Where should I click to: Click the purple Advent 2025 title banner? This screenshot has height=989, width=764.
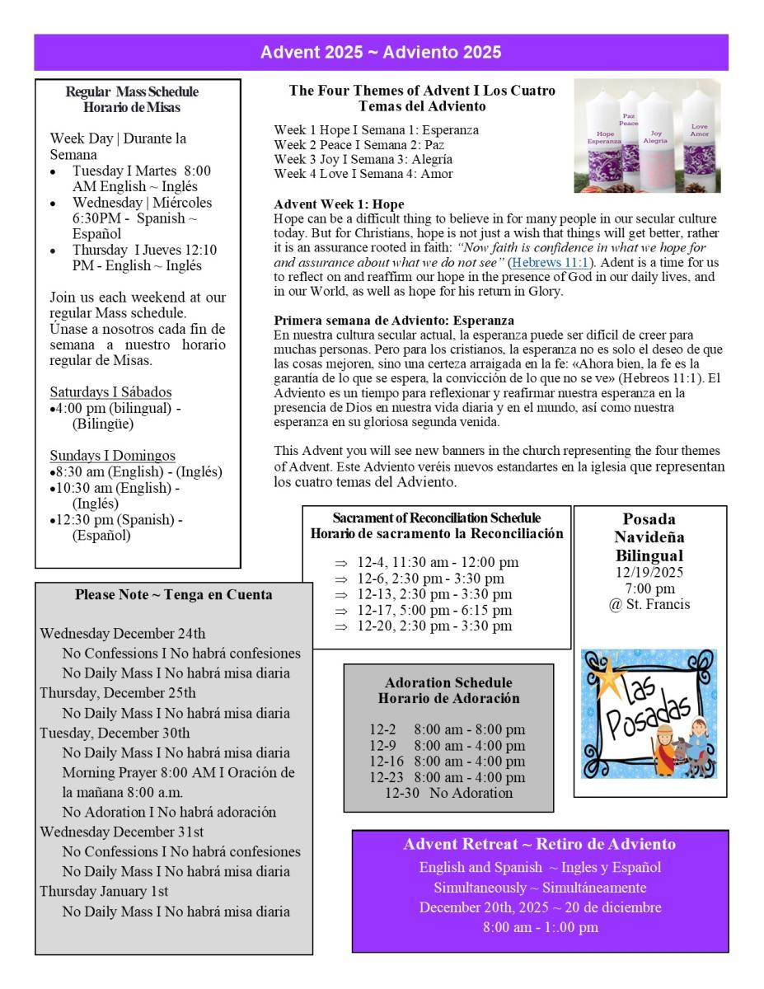(381, 53)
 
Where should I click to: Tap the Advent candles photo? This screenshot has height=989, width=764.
(647, 136)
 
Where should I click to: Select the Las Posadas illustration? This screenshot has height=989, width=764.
(649, 714)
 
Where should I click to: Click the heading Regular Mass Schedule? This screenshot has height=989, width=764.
(132, 91)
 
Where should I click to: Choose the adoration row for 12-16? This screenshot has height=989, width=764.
(447, 761)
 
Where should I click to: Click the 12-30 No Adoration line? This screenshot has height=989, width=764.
(448, 793)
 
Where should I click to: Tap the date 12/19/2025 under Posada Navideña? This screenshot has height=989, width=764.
(649, 572)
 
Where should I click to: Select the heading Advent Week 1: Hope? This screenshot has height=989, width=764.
(339, 204)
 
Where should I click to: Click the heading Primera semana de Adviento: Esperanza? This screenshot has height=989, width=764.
(394, 320)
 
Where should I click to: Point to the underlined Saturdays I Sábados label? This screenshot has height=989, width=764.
(110, 391)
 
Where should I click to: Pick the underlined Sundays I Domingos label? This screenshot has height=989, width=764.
(112, 456)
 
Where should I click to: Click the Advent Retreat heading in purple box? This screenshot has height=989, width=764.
(539, 845)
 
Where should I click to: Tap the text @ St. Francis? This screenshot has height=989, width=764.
(649, 605)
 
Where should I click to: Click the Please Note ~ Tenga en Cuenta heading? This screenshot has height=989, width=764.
(174, 594)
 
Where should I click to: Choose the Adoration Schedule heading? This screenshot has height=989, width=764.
(448, 682)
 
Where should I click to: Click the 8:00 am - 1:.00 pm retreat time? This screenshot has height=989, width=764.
(540, 927)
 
